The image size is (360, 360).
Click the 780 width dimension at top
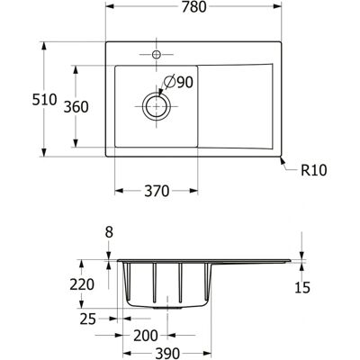coord(193,7)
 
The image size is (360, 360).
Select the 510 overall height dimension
coord(44,100)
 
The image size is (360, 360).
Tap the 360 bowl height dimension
coord(76,107)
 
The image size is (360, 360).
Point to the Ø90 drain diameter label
coord(178,82)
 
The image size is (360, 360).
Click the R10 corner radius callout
coord(314,170)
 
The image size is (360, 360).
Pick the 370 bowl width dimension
coord(157,191)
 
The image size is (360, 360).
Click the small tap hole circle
coord(157,55)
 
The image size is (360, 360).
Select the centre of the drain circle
coord(157,106)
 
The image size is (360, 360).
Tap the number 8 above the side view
coord(109,232)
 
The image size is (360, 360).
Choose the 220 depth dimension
coord(82,284)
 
